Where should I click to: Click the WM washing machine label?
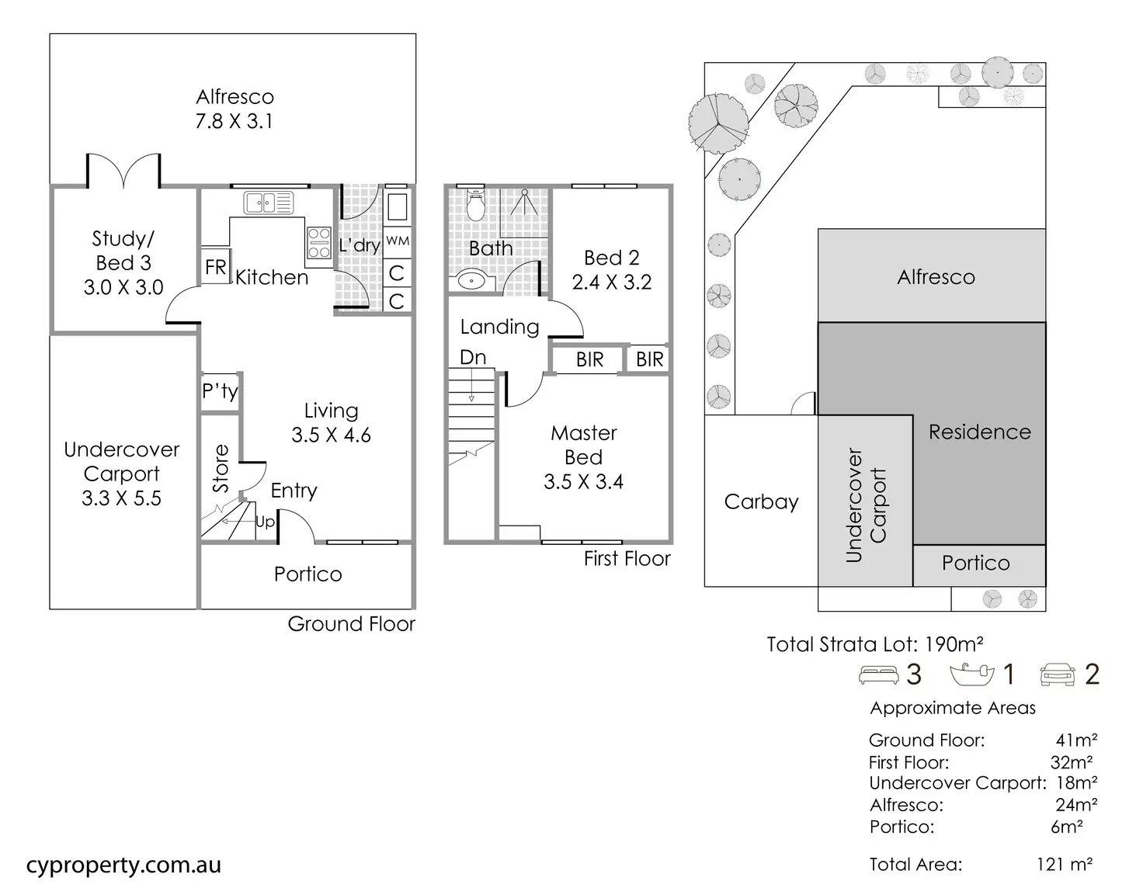coord(398,241)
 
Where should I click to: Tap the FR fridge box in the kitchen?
coord(215,267)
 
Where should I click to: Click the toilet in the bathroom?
coord(475,207)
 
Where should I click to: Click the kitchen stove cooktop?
coord(319,242)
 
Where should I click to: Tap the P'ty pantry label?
coord(220,390)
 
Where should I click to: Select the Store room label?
coord(221,468)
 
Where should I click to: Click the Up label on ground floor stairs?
coord(265,522)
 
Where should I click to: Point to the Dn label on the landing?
coord(473,357)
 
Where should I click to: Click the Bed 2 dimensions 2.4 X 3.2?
coord(612,283)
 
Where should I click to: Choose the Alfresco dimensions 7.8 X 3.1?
coord(234,121)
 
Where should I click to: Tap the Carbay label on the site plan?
coord(761,502)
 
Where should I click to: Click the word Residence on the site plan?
coord(980,432)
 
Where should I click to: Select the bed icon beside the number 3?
coord(878,675)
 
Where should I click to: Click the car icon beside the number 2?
coord(1057,675)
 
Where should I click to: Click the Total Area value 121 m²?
coord(1064,864)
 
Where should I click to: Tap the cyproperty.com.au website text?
coord(123,866)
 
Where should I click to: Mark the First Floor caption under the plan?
coord(627,559)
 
